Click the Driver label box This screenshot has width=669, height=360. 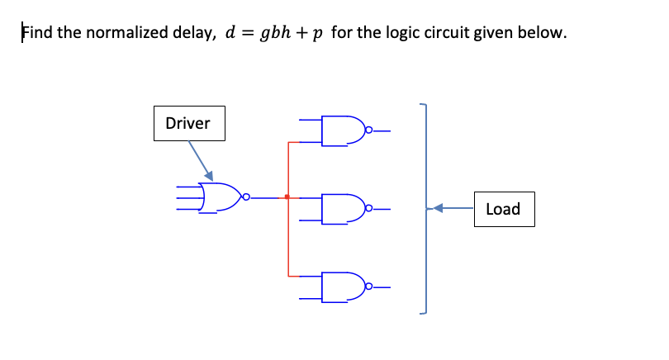188,124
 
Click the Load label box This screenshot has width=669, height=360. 503,209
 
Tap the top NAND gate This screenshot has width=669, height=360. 342,130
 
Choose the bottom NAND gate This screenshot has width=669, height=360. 342,287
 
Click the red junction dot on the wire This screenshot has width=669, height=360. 287,197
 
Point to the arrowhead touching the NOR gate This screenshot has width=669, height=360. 209,176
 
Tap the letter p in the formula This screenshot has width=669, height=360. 317,36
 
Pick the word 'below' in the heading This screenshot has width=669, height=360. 543,34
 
